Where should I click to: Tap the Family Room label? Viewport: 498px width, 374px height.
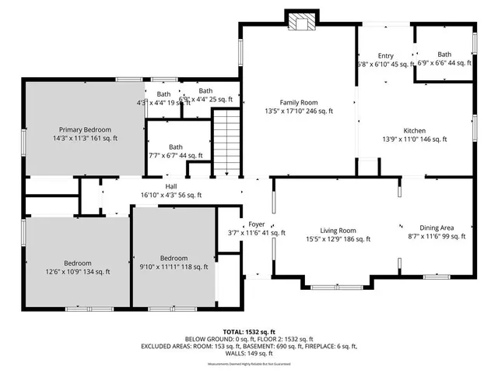tap(299, 102)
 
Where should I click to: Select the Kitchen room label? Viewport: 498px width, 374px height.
tap(413, 130)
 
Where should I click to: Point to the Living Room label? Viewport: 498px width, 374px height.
tap(338, 231)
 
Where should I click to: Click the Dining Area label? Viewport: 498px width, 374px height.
tap(437, 228)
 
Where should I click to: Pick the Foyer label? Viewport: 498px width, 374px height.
tap(256, 223)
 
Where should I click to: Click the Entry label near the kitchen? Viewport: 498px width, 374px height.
tap(386, 55)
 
